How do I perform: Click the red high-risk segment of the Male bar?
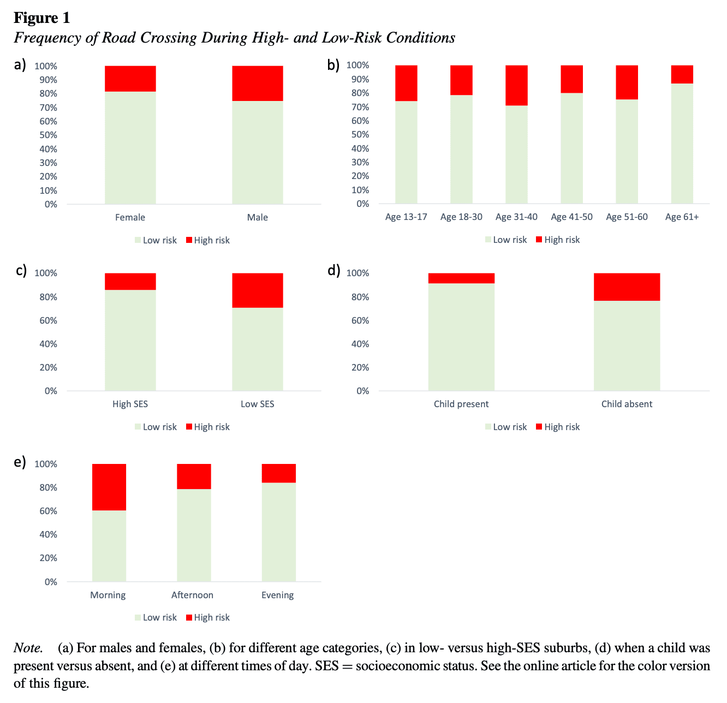tap(257, 84)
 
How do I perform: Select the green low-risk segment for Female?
tap(130, 147)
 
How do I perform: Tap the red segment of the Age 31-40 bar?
tap(516, 85)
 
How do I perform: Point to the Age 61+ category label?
tap(682, 217)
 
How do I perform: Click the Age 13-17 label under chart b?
tap(406, 217)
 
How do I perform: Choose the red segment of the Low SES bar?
tap(257, 290)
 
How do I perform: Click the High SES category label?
tap(130, 404)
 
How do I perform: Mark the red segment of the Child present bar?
tap(461, 278)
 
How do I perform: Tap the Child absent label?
tap(627, 404)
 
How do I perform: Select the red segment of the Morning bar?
tap(109, 487)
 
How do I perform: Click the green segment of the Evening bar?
tap(278, 532)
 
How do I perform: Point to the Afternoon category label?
tap(192, 595)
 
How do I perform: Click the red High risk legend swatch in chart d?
tap(539, 427)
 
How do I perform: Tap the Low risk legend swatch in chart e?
tap(138, 617)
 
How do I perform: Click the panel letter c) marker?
tap(21, 270)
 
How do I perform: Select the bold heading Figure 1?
tap(42, 18)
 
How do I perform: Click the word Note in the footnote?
tap(28, 648)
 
